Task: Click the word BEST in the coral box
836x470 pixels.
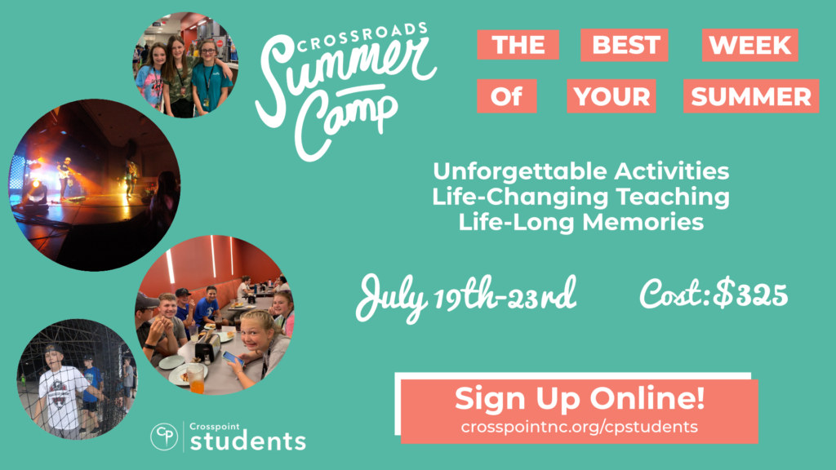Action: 626,45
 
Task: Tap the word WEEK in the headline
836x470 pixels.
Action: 750,45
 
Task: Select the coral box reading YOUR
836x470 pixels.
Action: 611,96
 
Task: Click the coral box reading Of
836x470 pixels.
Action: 506,96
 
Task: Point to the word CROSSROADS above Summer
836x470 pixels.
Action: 362,37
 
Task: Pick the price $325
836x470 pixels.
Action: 751,295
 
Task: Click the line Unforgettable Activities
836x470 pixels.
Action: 581,171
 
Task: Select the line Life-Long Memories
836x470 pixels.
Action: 581,222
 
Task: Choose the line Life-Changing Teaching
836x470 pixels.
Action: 581,197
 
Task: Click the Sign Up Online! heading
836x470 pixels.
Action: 580,398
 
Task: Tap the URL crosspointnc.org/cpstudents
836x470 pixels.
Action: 580,427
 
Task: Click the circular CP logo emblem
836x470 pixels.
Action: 164,437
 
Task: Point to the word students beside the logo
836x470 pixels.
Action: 248,441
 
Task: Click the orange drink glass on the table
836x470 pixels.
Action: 196,379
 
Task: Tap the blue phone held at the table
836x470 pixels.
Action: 233,358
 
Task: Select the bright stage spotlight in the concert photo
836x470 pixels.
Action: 36,188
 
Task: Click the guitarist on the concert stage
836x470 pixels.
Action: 65,177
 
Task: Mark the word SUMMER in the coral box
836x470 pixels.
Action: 751,96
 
